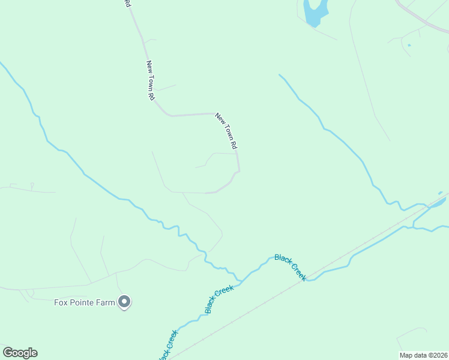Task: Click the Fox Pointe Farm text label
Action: (x=84, y=302)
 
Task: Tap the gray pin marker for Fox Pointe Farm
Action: (x=124, y=302)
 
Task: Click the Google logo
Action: (x=20, y=353)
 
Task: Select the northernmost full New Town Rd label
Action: (x=150, y=80)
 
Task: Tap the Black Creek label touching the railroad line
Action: (x=291, y=267)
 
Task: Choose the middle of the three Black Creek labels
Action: (x=218, y=299)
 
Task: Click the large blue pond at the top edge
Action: (x=315, y=12)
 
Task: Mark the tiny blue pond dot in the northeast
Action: (x=409, y=45)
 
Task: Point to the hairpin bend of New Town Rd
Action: (x=238, y=172)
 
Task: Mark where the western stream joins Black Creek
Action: (x=240, y=280)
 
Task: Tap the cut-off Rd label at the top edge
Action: (x=127, y=3)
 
